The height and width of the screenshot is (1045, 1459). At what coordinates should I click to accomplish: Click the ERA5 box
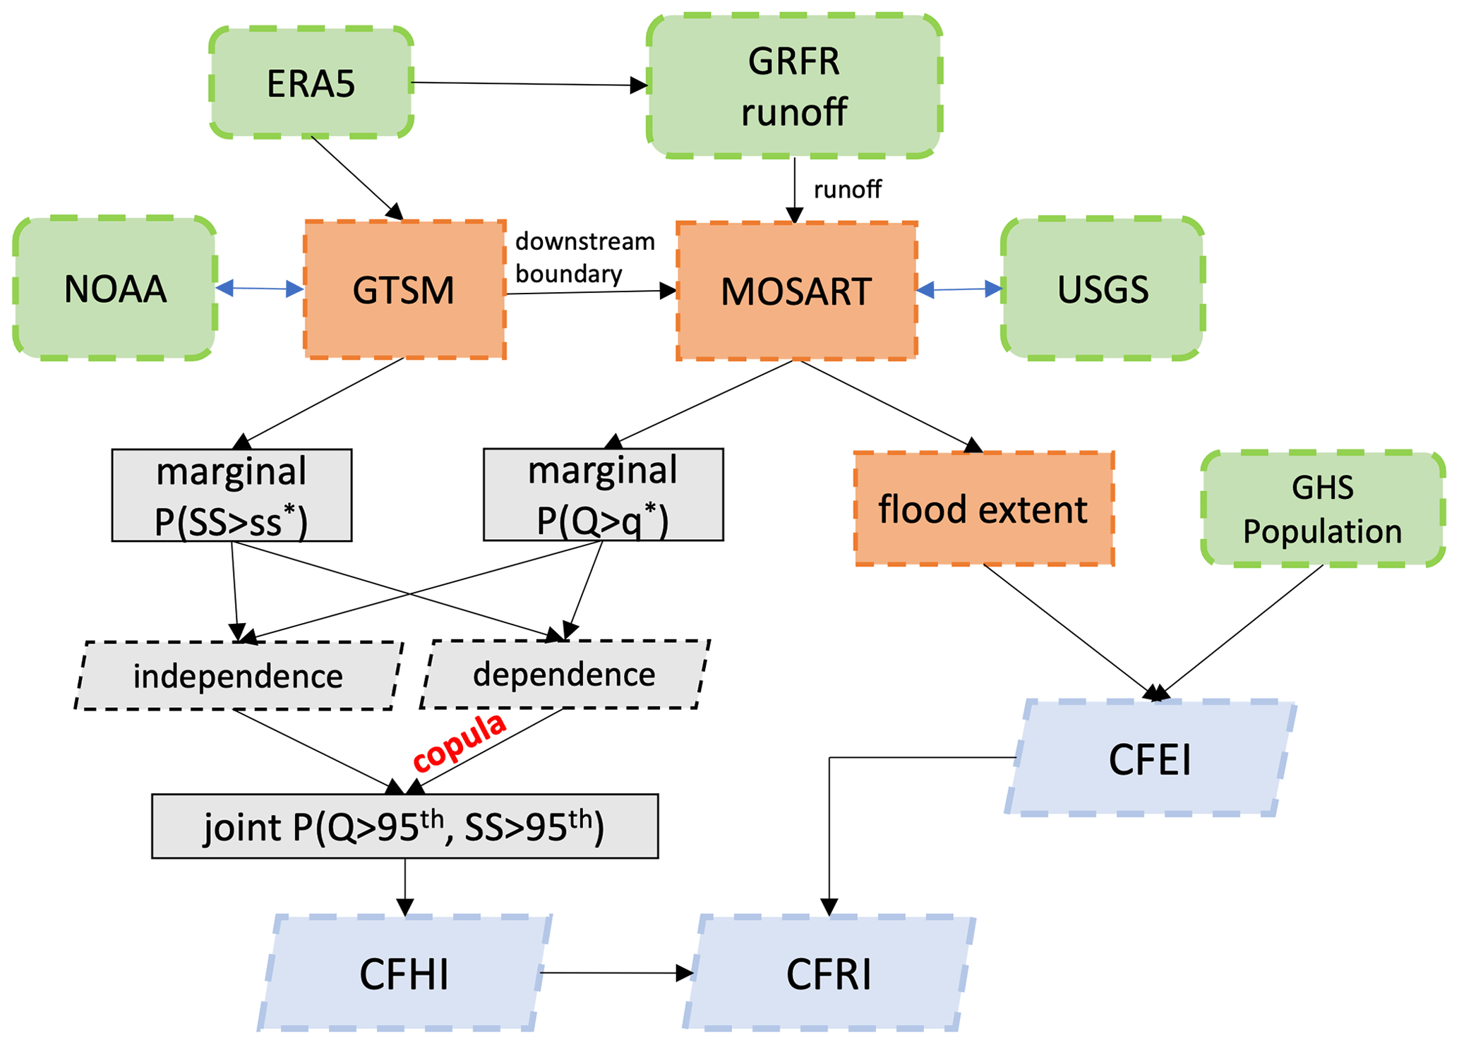(311, 83)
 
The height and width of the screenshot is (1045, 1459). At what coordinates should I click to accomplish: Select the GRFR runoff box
(794, 86)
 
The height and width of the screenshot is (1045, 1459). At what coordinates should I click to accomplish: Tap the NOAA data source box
(115, 289)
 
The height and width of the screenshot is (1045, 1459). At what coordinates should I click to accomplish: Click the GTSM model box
(404, 289)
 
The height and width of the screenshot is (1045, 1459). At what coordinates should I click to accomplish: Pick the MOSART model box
(796, 291)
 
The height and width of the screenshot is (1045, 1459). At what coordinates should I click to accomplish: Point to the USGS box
(1103, 289)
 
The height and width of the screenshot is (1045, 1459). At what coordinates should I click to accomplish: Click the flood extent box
(983, 509)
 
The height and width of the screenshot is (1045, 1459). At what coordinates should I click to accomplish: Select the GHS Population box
(1322, 509)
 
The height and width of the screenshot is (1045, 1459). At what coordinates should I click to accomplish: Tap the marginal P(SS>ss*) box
(232, 495)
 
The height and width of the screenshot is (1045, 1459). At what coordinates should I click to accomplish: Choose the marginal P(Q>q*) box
(603, 495)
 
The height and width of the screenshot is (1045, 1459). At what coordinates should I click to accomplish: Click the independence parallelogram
(239, 675)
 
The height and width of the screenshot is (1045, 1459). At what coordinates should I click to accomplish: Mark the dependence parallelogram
(564, 674)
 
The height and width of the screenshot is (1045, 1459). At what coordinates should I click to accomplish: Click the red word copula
(460, 742)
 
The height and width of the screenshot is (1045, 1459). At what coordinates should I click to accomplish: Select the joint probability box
(404, 826)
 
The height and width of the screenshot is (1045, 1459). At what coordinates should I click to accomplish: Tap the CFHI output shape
(404, 974)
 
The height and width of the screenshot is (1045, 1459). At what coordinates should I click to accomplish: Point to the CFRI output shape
(829, 974)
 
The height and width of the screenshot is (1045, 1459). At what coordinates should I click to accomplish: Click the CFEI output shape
(1150, 759)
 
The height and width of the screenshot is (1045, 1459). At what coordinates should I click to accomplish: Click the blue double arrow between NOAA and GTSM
(259, 288)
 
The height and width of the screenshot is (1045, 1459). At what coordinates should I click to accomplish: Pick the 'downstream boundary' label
(584, 257)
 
